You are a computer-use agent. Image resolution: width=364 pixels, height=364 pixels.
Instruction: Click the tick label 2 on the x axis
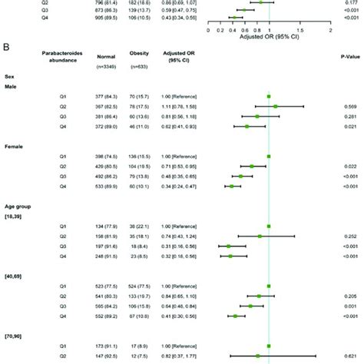[x=330, y=31]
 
